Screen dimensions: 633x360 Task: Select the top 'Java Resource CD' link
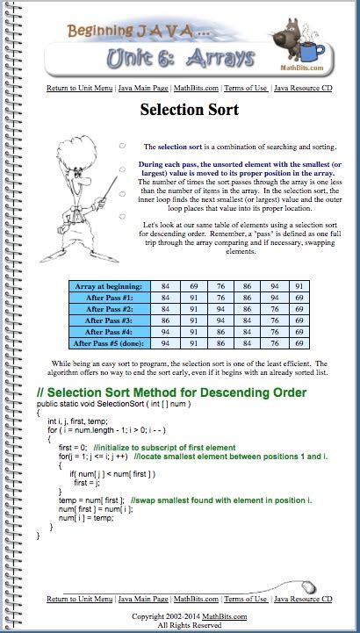(x=303, y=89)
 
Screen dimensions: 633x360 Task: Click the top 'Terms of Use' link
(x=246, y=89)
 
